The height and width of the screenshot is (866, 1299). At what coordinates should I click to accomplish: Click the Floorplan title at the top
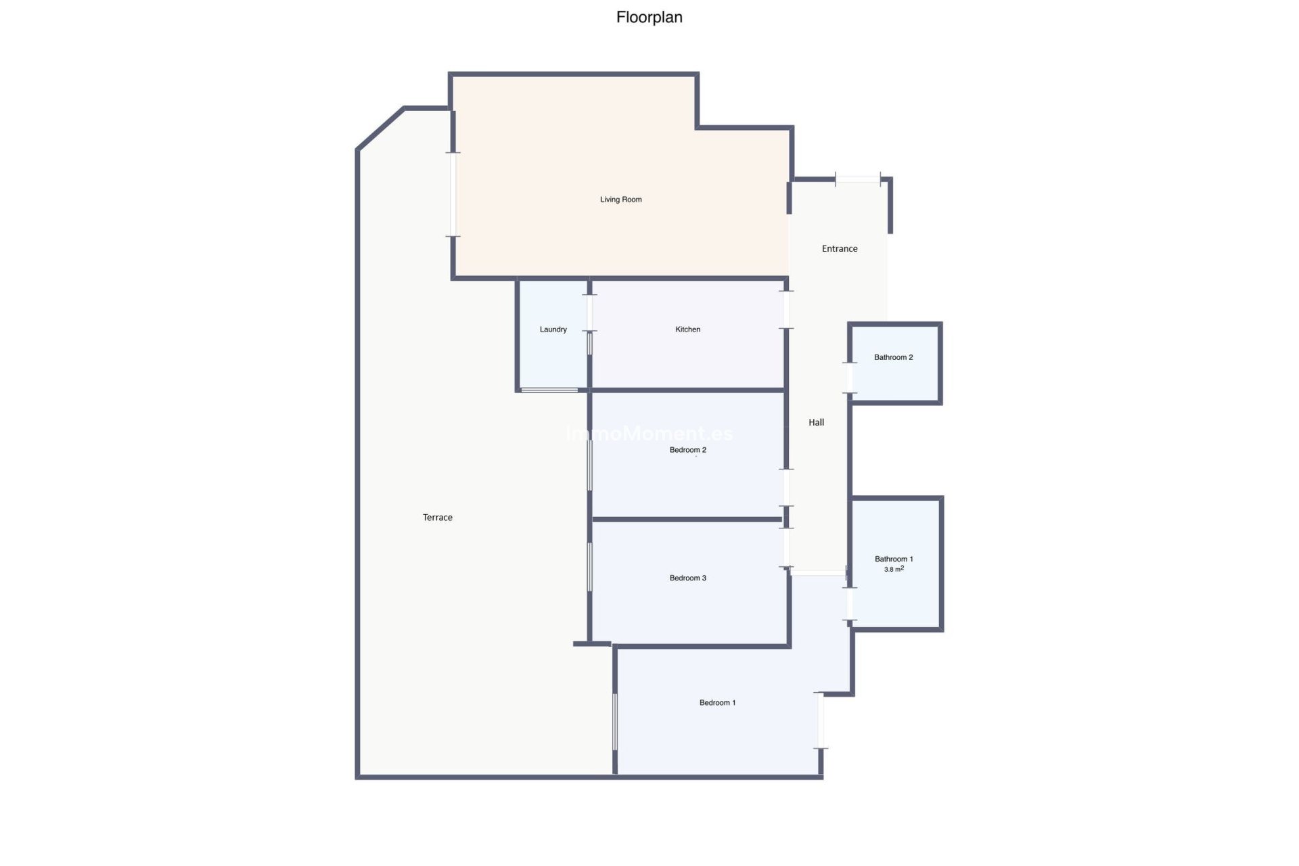pyautogui.click(x=649, y=18)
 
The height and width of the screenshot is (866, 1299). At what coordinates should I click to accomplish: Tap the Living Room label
pyautogui.click(x=620, y=200)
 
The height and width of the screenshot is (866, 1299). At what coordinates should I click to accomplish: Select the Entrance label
pyautogui.click(x=839, y=249)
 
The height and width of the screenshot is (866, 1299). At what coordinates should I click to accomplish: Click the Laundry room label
pyautogui.click(x=553, y=329)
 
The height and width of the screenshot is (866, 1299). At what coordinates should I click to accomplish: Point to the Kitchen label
pyautogui.click(x=687, y=329)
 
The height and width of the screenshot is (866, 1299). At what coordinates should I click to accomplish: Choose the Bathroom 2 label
pyautogui.click(x=893, y=357)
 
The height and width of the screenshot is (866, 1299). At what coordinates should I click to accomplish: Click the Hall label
pyautogui.click(x=816, y=422)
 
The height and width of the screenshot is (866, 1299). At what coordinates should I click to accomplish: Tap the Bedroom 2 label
pyautogui.click(x=687, y=450)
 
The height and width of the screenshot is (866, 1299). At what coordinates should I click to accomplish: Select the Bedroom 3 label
pyautogui.click(x=687, y=578)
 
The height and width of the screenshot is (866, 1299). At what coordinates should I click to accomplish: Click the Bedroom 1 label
pyautogui.click(x=717, y=703)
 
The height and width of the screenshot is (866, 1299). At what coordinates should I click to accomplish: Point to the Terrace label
pyautogui.click(x=437, y=518)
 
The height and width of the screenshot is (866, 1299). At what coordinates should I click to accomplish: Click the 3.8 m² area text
pyautogui.click(x=893, y=570)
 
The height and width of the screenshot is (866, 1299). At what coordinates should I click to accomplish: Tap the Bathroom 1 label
pyautogui.click(x=893, y=559)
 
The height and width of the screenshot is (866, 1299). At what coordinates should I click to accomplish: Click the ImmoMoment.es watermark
pyautogui.click(x=649, y=434)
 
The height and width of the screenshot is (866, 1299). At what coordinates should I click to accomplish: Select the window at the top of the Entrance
pyautogui.click(x=858, y=179)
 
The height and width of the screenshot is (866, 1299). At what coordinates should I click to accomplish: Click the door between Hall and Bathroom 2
pyautogui.click(x=850, y=378)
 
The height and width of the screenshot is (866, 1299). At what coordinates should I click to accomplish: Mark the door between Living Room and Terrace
pyautogui.click(x=453, y=194)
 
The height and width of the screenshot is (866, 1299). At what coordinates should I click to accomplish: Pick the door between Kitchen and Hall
pyautogui.click(x=786, y=310)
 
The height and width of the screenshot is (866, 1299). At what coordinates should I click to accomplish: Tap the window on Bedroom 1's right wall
pyautogui.click(x=820, y=721)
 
